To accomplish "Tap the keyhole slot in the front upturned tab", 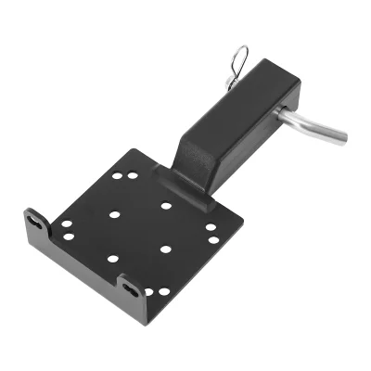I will click(130, 288).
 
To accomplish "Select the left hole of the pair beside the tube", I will click(118, 174).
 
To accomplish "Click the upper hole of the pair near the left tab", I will click(67, 224).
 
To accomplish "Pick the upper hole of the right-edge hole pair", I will click(211, 227).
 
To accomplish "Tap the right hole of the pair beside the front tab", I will click(164, 291).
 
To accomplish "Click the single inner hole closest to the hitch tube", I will click(166, 205).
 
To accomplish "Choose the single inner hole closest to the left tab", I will click(114, 214).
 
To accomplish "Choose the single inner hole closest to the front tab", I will click(112, 259).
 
